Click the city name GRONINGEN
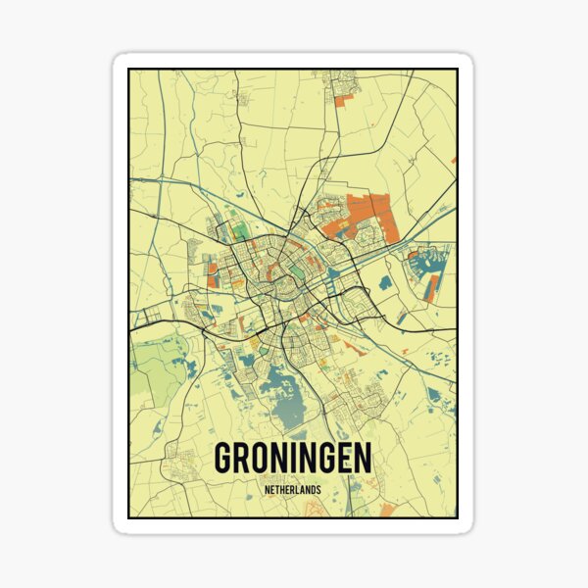click(x=293, y=459)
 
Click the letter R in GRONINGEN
click(x=246, y=459)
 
